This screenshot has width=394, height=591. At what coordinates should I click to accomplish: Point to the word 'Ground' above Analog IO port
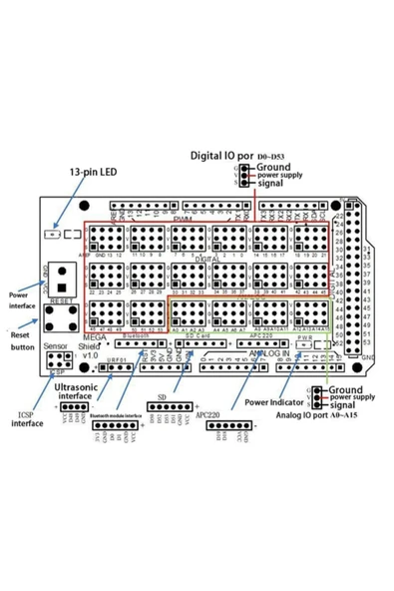click(343, 388)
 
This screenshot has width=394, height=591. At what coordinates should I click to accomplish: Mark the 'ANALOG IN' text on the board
click(270, 352)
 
